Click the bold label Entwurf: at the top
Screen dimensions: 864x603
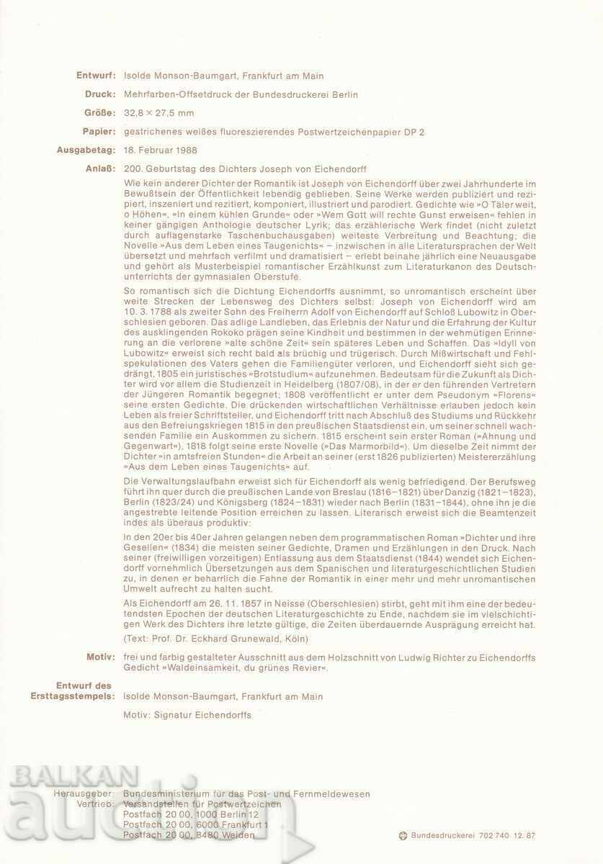click(95, 76)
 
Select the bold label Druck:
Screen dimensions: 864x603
click(99, 94)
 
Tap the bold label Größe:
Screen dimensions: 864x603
click(98, 113)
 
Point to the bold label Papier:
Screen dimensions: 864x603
click(97, 132)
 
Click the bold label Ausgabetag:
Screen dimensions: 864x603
click(86, 150)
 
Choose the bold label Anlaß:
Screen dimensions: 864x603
click(99, 169)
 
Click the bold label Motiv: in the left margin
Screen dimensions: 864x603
click(99, 657)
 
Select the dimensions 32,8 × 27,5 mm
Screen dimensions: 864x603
click(158, 113)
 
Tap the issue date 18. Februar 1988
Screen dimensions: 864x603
click(160, 150)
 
